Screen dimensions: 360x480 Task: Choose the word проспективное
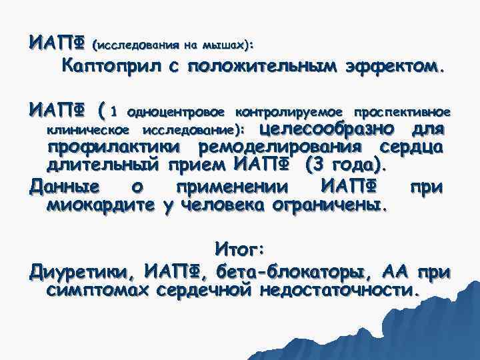[402, 110]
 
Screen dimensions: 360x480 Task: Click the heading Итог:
[240, 249]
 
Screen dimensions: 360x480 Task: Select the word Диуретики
[79, 273]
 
